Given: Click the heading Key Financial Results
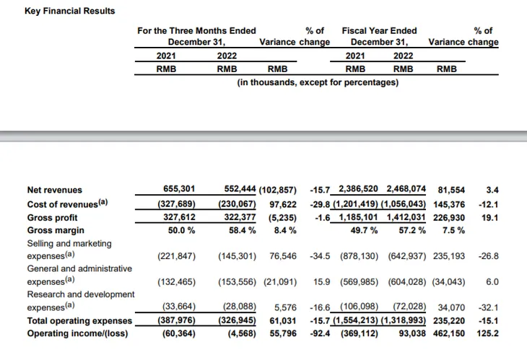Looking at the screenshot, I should point(59,12).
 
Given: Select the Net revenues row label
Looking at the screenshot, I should point(54,190).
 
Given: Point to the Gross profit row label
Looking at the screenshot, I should point(52,217).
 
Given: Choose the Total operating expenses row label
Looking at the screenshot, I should point(79,320).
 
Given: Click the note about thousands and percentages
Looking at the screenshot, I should point(318,83).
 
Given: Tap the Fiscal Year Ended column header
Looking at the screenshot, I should point(379,31).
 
